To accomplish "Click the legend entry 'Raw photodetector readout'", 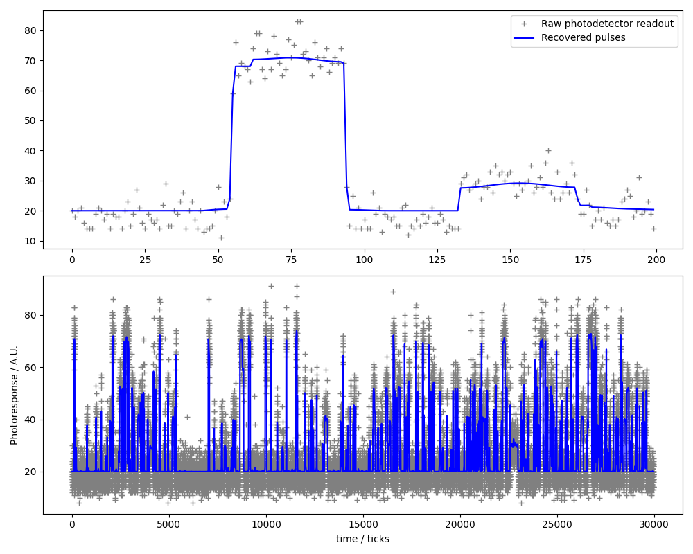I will pos(607,24).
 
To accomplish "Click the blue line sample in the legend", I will pos(525,37).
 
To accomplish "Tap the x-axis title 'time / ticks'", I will pos(362,539).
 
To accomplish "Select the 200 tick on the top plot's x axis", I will pos(656,260).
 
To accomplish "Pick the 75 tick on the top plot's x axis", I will pos(290,260).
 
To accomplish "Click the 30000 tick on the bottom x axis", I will pos(653,525).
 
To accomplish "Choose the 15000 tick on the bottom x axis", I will pos(362,525).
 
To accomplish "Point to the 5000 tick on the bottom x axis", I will pos(168,525).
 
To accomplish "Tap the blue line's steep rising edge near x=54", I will pos(231,132).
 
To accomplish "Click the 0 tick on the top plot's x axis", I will pos(72,260).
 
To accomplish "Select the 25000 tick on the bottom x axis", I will pos(556,525).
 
